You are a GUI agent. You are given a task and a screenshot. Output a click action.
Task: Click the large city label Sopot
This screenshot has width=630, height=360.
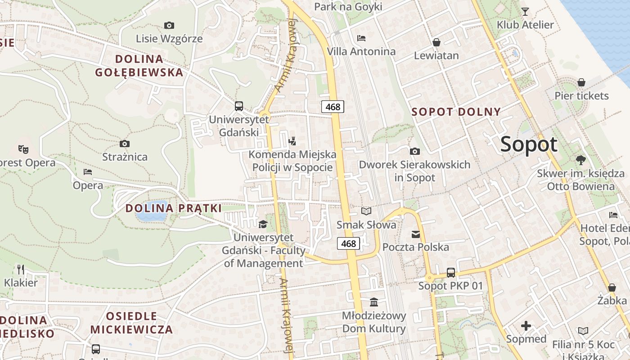529,144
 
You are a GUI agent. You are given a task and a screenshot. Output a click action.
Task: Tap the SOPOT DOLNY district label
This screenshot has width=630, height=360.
456,112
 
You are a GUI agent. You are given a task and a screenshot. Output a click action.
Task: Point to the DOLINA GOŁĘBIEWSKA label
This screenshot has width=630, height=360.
139,65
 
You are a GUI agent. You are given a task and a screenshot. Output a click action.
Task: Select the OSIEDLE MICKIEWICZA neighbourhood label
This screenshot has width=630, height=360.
131,323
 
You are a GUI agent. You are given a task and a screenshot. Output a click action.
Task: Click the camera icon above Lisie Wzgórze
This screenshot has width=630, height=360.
169,25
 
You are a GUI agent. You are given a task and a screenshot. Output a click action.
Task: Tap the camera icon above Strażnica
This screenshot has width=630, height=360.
125,144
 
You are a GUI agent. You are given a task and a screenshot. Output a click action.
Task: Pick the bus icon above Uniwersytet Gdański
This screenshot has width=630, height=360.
239,106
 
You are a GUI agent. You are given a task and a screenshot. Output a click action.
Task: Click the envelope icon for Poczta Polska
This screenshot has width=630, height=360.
415,234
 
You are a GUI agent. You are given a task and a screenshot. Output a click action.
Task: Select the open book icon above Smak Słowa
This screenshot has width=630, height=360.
366,211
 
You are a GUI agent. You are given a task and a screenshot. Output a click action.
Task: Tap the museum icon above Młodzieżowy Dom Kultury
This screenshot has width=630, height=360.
374,301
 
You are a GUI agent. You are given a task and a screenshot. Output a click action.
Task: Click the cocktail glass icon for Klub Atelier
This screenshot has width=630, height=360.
525,11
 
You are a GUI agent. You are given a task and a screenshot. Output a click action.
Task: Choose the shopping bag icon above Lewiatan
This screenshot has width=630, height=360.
436,42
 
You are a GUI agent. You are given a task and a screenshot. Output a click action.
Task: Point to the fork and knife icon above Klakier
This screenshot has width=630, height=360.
21,269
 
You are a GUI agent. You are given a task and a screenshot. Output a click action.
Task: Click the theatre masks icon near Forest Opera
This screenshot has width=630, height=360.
23,148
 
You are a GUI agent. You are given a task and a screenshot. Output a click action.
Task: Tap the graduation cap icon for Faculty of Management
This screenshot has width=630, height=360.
263,224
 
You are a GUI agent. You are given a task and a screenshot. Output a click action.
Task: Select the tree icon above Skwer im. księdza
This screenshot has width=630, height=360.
580,160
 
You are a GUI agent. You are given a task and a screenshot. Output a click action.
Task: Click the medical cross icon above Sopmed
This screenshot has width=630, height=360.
526,325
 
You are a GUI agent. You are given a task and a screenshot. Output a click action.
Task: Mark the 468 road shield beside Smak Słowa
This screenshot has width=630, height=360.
348,243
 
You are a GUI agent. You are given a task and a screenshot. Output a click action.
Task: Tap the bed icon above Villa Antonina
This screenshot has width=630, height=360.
361,38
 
